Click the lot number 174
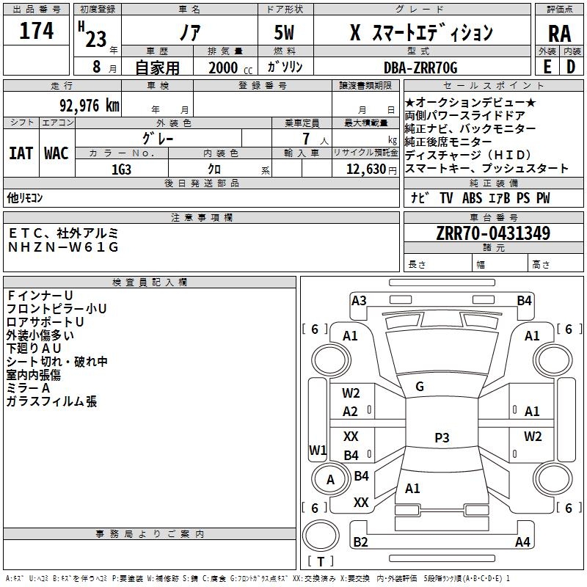point(37,32)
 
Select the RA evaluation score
point(559,34)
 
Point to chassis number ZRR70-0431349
point(493,234)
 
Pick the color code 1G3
point(122,169)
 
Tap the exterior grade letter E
point(547,67)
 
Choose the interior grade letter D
point(571,67)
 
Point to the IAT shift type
point(21,153)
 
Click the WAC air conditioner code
point(56,153)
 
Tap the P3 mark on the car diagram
point(441,438)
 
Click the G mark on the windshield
point(420,387)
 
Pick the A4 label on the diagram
point(522,542)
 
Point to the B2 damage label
point(360,542)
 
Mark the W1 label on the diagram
point(318,450)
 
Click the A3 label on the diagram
point(359,300)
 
